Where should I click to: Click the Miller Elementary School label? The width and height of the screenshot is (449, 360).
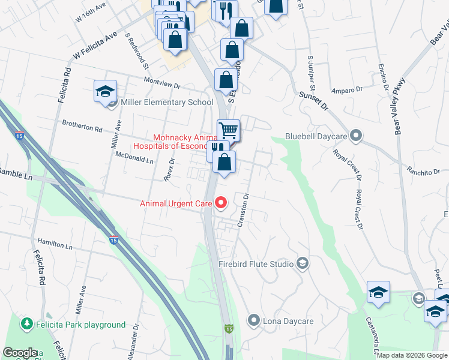[x=167, y=102]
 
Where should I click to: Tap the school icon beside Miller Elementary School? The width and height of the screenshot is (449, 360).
[x=105, y=92]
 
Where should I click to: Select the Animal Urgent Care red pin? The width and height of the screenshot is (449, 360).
[x=220, y=203]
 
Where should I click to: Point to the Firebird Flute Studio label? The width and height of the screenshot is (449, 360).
[x=256, y=264]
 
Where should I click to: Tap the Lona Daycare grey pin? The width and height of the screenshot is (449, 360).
[x=255, y=321]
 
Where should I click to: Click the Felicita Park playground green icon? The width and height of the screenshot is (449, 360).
[x=26, y=325]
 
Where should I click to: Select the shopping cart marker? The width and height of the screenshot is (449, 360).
[x=228, y=130]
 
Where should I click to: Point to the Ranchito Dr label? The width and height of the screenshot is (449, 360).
[x=423, y=172]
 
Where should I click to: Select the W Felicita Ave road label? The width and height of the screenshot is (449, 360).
[x=95, y=46]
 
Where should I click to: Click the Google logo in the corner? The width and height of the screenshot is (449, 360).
[x=20, y=353]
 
